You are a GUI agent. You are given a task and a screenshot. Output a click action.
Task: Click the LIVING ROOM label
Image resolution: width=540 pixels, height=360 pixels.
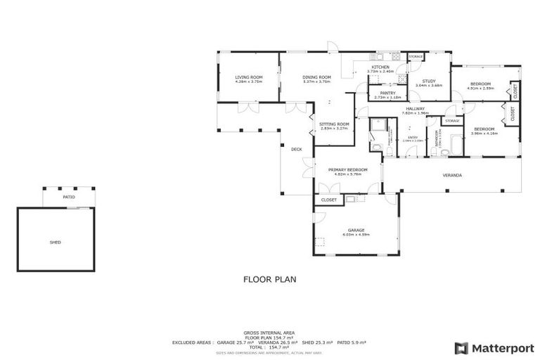249,77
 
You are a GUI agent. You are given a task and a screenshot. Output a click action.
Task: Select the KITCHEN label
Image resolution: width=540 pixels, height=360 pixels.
380,67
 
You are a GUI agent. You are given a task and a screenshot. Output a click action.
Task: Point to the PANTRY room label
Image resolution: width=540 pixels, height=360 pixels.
387,93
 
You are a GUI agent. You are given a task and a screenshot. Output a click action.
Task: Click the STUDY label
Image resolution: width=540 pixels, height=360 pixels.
429,81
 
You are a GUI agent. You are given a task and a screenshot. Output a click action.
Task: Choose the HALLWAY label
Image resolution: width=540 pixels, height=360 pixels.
415,108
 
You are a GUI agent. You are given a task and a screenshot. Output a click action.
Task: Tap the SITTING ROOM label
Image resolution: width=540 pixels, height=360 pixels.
334,124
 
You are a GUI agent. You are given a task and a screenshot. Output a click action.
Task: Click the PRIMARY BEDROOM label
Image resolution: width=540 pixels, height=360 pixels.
347,169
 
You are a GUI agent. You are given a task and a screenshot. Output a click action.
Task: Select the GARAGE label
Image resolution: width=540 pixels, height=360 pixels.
355,230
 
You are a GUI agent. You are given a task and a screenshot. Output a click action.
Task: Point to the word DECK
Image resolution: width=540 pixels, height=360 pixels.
297,148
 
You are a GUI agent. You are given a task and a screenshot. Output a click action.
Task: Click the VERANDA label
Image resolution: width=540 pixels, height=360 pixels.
451,174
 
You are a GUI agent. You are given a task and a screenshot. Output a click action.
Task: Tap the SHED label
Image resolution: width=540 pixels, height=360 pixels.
55,242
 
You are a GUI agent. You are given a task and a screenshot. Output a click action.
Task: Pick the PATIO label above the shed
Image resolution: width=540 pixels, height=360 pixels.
69,197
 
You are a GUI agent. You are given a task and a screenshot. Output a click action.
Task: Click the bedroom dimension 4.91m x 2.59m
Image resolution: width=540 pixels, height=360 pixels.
485,89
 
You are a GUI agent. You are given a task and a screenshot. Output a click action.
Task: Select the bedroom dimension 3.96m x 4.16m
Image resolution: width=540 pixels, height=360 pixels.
485,133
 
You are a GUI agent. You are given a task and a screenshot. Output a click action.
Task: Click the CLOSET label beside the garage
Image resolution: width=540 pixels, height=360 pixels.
329,200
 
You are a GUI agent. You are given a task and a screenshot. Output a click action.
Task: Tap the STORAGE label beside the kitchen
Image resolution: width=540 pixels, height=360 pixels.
416,56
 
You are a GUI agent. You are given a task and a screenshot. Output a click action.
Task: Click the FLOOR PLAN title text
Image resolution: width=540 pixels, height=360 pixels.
269,279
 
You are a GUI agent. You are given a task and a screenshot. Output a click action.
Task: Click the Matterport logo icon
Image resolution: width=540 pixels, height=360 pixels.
461,347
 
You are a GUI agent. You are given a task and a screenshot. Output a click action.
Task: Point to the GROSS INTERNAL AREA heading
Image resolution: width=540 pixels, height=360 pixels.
269,331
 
